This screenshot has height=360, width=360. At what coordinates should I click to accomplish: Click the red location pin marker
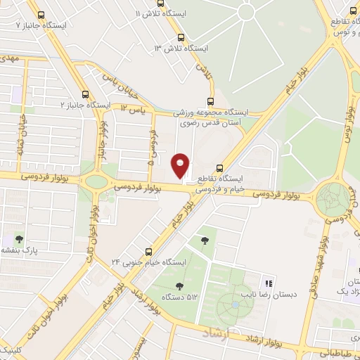(x=180, y=165)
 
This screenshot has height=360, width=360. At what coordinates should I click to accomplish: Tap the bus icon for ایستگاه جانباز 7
(x=41, y=14)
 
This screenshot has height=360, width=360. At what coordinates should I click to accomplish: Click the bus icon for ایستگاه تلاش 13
(x=182, y=37)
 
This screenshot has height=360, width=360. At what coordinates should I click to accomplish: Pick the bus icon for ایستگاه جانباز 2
(x=86, y=94)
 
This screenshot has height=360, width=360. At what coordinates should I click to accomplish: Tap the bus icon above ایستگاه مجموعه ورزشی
(x=210, y=101)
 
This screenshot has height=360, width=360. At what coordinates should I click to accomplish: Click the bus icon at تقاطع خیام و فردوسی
(x=220, y=168)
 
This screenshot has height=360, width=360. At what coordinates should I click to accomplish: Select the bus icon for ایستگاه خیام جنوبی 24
(x=148, y=251)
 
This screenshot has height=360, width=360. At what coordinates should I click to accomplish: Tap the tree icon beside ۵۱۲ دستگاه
(x=179, y=285)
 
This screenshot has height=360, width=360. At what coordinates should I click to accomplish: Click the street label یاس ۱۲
(x=133, y=109)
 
